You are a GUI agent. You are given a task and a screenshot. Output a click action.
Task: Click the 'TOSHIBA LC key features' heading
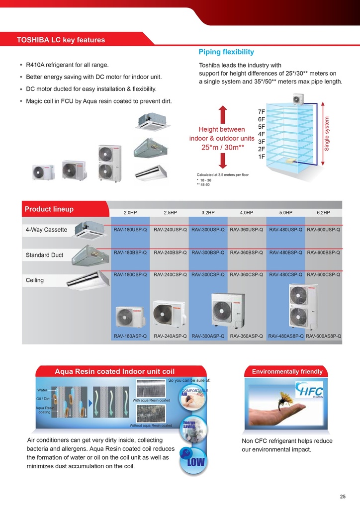pos(61,40)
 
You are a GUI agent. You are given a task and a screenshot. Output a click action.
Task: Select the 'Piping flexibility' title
pos(226,52)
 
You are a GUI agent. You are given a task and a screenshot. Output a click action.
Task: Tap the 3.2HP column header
pos(208,212)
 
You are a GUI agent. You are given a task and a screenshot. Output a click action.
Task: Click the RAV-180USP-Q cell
pos(130,230)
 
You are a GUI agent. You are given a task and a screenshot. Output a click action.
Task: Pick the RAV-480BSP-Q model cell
pos(285,253)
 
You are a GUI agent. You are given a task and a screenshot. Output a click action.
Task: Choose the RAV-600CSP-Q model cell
pos(324,274)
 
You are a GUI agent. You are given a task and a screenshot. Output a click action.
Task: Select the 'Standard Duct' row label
pos(44,255)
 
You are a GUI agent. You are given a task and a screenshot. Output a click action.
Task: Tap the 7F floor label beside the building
pos(262,112)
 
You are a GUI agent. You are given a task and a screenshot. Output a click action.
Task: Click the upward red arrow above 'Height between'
pos(223,113)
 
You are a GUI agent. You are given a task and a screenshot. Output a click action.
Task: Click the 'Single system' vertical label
pos(327,134)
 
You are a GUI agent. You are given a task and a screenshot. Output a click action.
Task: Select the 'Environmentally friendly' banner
pos(287,371)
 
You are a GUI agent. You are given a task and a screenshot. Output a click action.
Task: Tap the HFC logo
pos(309,390)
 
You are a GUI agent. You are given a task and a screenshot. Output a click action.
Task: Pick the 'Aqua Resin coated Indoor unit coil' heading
pos(114,371)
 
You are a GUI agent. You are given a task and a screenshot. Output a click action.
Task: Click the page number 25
pos(343,497)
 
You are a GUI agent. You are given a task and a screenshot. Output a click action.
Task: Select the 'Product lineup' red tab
pos(49,209)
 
